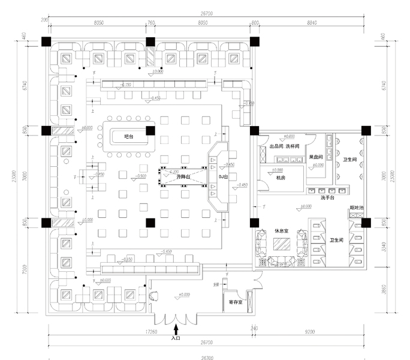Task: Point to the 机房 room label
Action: (281, 178)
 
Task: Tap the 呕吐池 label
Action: (357, 208)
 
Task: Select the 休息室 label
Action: (281, 230)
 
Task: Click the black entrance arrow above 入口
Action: (176, 328)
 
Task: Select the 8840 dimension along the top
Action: (307, 22)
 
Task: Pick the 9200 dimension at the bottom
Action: (310, 331)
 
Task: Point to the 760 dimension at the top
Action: (151, 22)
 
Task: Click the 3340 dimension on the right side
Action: (384, 246)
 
